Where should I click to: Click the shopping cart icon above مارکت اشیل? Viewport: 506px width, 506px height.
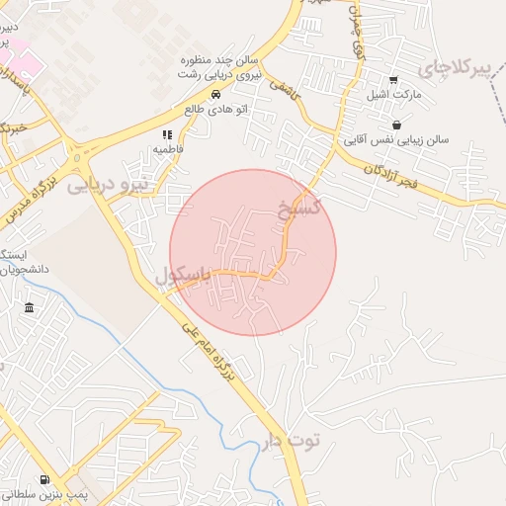tap(393, 80)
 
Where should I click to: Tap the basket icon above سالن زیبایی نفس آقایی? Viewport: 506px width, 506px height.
tap(396, 125)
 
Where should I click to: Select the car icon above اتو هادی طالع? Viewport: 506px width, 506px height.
tap(214, 94)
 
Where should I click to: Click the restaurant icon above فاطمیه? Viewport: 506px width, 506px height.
tap(167, 133)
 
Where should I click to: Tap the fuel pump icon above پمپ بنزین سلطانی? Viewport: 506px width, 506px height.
tap(45, 478)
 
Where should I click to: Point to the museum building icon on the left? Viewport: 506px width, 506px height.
tap(30, 308)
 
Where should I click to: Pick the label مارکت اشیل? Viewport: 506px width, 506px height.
tap(422, 95)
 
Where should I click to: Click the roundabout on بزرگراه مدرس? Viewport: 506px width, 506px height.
tap(77, 154)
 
